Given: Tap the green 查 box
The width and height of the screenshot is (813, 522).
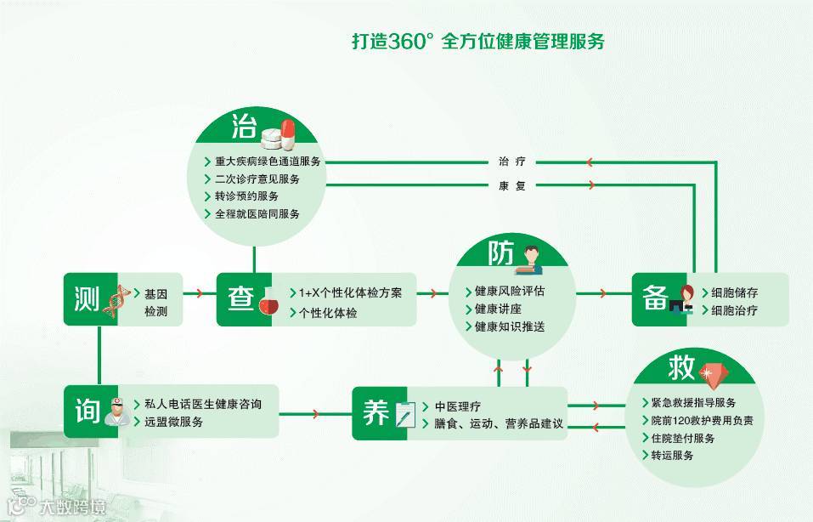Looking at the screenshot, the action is pos(239,299).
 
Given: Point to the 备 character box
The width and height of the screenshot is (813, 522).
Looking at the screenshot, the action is pos(655,298).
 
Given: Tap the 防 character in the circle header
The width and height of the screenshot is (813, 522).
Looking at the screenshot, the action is pos(500,254).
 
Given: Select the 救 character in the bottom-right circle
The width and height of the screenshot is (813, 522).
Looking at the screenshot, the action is pos(681,368).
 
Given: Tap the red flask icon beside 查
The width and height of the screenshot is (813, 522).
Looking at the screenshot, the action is pos(268,303).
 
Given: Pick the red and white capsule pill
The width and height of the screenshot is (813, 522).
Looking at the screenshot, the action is pos(288,132).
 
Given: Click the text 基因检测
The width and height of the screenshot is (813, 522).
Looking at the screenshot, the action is pos(155,302).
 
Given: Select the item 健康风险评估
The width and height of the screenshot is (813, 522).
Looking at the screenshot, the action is pos(509,290).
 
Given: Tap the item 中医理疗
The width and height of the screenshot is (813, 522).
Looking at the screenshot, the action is pos(458,406).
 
